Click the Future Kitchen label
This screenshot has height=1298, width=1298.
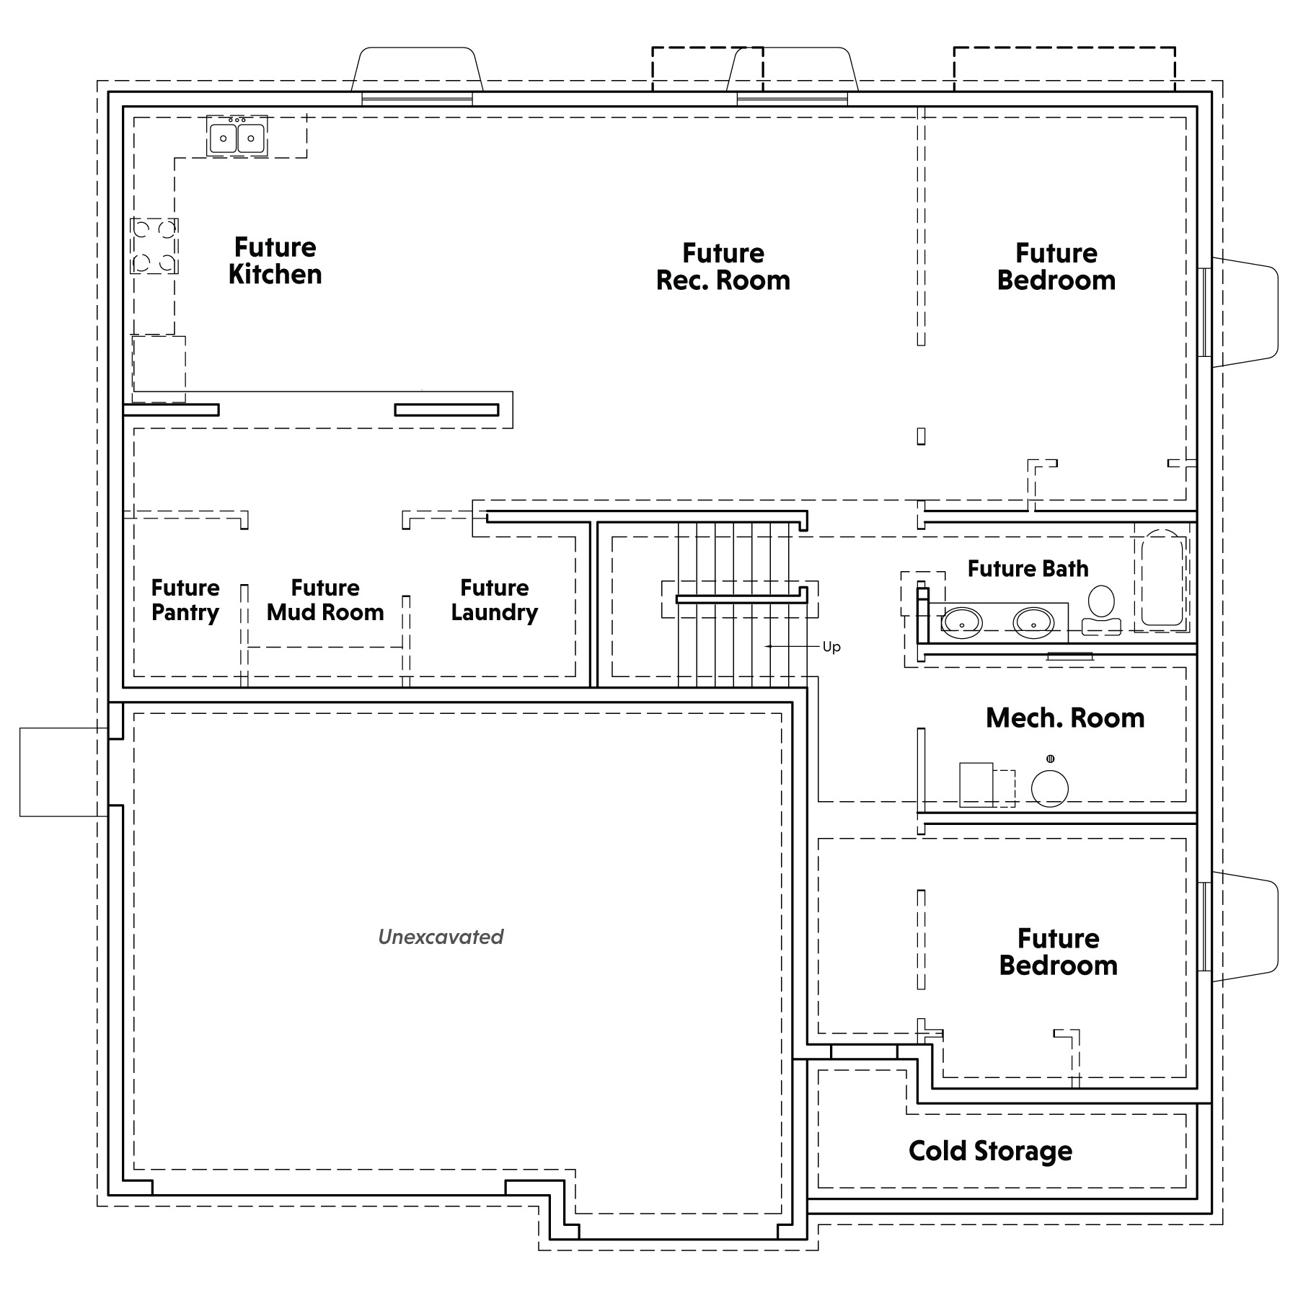click(275, 261)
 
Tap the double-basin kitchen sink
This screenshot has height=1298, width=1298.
click(237, 136)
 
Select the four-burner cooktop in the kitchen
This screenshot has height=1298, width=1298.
click(154, 246)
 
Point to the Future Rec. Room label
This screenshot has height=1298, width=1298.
click(723, 267)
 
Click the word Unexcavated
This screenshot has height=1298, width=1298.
click(441, 937)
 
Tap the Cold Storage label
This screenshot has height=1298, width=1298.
click(990, 1151)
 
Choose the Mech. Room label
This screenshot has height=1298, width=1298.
click(1065, 718)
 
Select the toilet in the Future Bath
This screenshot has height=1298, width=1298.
click(1101, 610)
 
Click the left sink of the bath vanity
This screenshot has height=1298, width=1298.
click(962, 621)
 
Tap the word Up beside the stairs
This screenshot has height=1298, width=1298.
click(831, 647)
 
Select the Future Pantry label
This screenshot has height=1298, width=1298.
click(185, 600)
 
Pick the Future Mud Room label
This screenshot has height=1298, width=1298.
click(325, 600)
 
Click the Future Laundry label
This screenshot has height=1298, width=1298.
click(495, 600)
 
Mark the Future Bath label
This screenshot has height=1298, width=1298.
click(1028, 568)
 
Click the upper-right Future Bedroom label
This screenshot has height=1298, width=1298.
click(1056, 267)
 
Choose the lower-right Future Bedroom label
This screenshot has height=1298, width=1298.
click(1059, 952)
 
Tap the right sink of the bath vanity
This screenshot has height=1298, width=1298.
click(1033, 621)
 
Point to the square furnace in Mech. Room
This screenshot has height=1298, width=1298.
click(976, 785)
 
